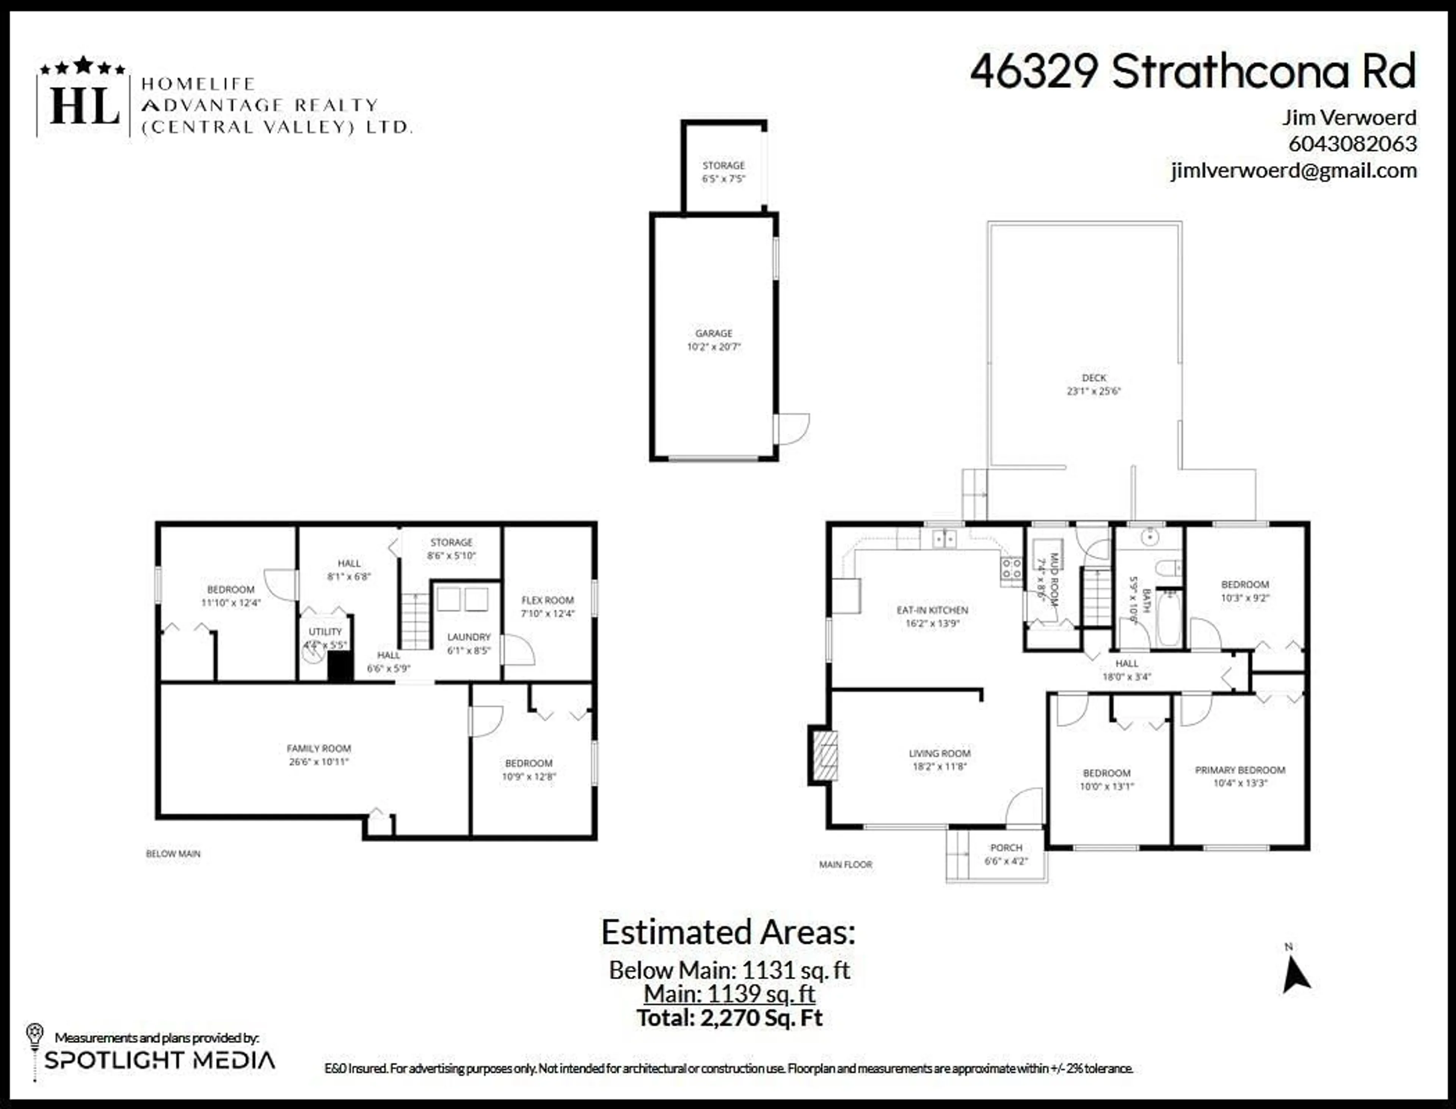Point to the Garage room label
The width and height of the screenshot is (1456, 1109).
pyautogui.click(x=714, y=339)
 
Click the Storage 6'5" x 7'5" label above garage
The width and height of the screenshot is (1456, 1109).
pyautogui.click(x=724, y=172)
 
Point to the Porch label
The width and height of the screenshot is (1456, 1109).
pyautogui.click(x=1006, y=854)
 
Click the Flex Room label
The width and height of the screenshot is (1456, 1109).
pyautogui.click(x=548, y=606)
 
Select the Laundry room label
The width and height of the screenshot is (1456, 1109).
pyautogui.click(x=469, y=643)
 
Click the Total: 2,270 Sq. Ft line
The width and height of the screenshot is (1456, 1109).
pyautogui.click(x=729, y=1017)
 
